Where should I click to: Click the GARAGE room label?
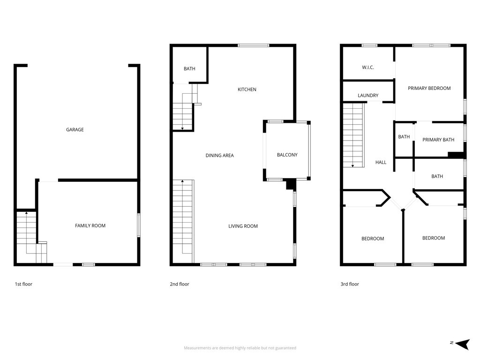coord(75,130)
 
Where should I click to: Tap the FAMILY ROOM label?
coord(90,226)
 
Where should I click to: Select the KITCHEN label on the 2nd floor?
coord(247,90)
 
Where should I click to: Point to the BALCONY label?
coord(287,155)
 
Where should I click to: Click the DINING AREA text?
coord(219,156)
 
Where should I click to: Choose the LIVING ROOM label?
coord(243,226)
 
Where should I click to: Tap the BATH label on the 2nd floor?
coord(189,69)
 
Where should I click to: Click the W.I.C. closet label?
coord(368,67)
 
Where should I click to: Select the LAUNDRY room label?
coord(368,96)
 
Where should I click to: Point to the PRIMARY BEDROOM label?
coord(429,89)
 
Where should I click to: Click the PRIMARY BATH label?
coord(438,140)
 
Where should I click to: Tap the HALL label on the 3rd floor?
coord(381,163)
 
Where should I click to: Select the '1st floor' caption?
coord(23,284)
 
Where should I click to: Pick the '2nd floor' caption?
coord(180,284)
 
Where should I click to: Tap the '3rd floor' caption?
coord(350,284)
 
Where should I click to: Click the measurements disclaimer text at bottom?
coord(240,348)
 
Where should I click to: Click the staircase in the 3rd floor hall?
coord(353,135)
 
